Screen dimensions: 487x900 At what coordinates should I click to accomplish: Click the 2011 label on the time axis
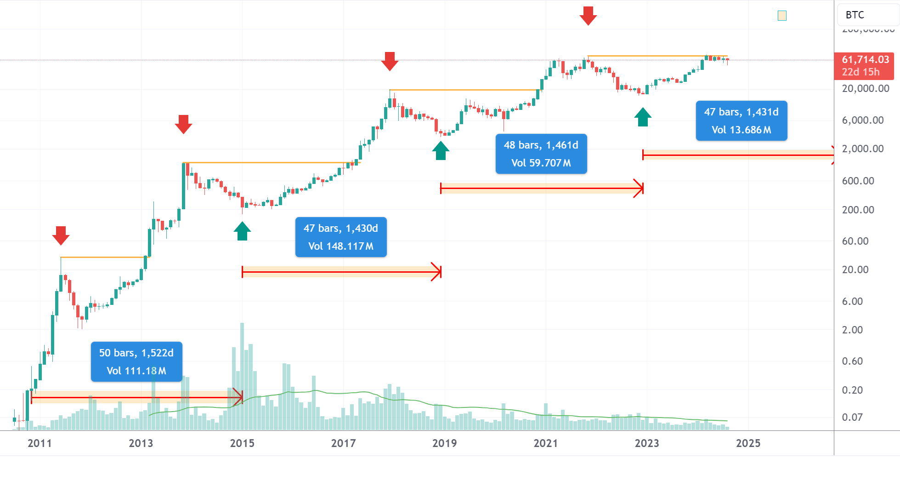tap(40, 443)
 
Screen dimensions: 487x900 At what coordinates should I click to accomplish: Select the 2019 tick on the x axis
tap(444, 443)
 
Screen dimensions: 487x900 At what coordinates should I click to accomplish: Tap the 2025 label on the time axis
tap(748, 443)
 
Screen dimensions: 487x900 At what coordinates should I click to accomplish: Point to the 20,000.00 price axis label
tap(866, 88)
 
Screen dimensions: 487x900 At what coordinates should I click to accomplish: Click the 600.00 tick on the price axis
tap(858, 181)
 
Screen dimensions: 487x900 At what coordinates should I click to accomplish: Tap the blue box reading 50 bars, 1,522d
tap(136, 361)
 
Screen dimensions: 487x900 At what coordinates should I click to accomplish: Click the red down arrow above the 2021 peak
tap(588, 16)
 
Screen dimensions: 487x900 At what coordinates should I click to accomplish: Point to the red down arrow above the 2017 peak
tap(390, 61)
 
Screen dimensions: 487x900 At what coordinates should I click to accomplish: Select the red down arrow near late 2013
tap(183, 124)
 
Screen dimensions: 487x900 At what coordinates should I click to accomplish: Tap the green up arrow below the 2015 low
tap(242, 231)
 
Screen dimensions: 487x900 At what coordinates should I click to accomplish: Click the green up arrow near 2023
tap(643, 117)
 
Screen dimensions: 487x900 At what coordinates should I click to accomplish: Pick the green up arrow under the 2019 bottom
tap(441, 150)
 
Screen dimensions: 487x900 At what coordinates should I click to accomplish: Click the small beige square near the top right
tap(782, 16)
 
